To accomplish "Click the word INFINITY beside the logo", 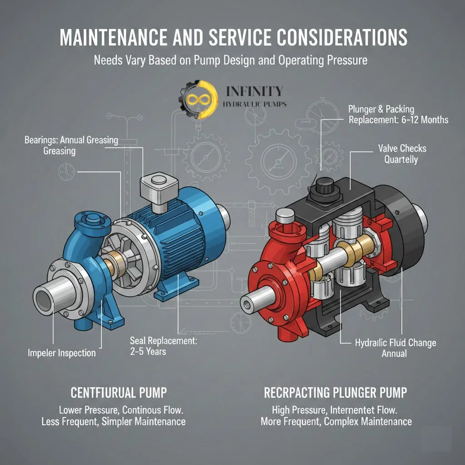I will tap(254, 91).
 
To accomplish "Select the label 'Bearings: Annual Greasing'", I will tap(71, 140).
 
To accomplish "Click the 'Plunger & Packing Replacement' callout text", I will tap(398, 114).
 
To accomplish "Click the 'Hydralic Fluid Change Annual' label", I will tap(395, 347).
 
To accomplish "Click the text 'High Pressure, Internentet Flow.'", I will tap(334, 410).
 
